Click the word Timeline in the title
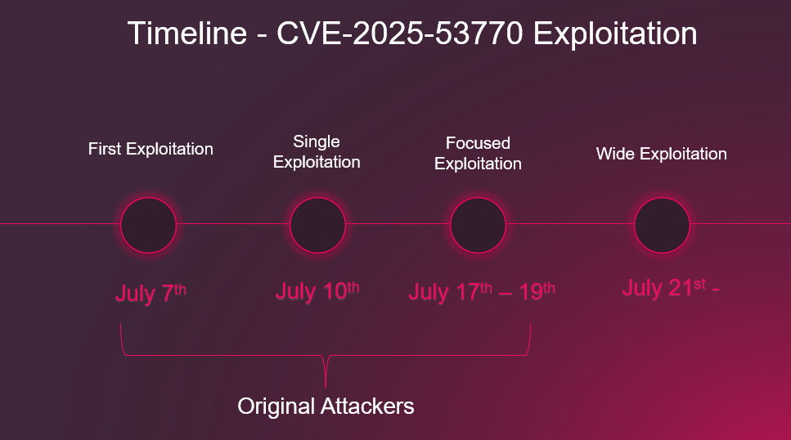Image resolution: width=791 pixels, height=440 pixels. pyautogui.click(x=187, y=34)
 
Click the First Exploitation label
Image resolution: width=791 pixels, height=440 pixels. pyautogui.click(x=151, y=149)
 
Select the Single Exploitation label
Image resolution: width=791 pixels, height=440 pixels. pyautogui.click(x=317, y=152)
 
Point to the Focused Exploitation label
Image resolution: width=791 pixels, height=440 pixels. pyautogui.click(x=478, y=153)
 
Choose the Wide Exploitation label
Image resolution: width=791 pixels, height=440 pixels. pyautogui.click(x=661, y=154)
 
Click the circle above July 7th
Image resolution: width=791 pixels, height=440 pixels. pyautogui.click(x=149, y=225)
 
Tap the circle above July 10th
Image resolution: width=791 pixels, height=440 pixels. pyautogui.click(x=317, y=225)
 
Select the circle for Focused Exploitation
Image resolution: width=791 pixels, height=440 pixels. pyautogui.click(x=478, y=225)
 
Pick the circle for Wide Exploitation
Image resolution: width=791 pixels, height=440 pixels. pyautogui.click(x=662, y=225)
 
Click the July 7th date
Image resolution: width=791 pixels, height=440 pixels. pyautogui.click(x=151, y=293)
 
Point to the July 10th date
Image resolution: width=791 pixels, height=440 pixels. pyautogui.click(x=317, y=291)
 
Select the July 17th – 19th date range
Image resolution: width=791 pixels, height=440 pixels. pyautogui.click(x=481, y=292)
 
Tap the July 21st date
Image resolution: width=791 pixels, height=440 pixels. pyautogui.click(x=670, y=289)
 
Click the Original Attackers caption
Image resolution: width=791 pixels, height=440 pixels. pyautogui.click(x=326, y=406)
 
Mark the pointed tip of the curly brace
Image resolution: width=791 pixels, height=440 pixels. pyautogui.click(x=326, y=384)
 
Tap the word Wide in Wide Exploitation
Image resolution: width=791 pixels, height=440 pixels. pyautogui.click(x=616, y=154)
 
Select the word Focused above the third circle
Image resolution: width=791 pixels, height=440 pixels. pyautogui.click(x=478, y=143)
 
